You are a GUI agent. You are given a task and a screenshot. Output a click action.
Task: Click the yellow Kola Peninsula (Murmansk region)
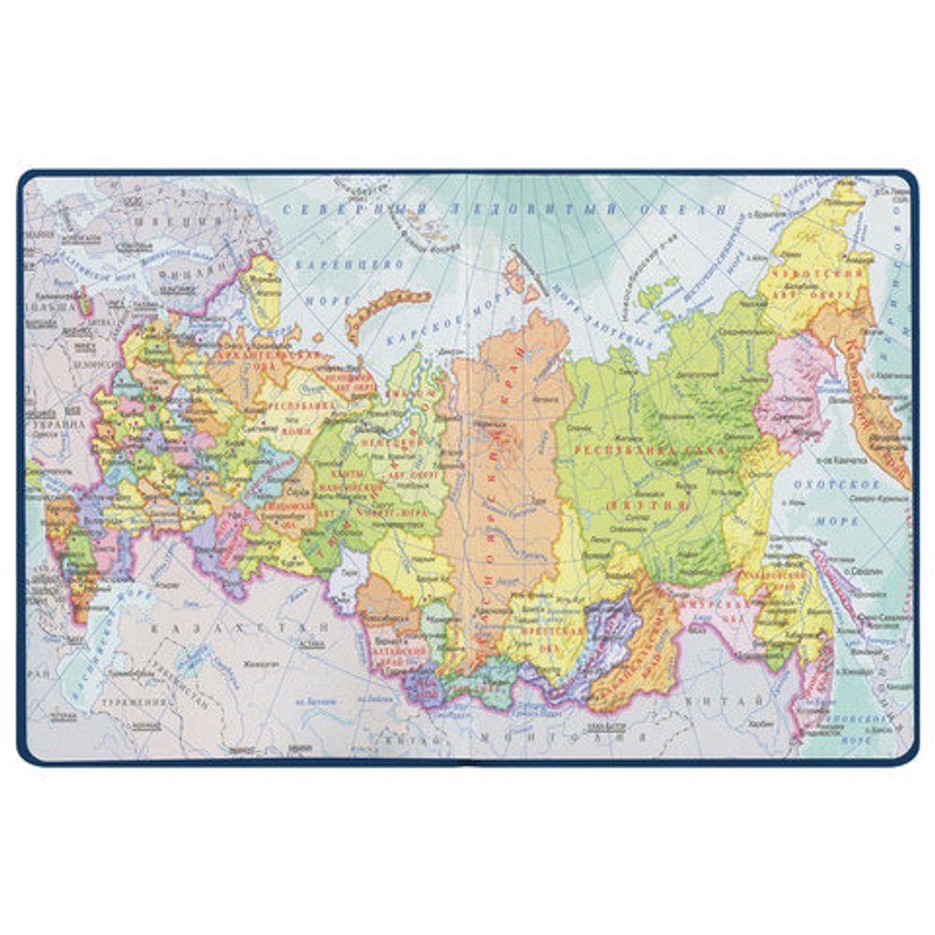262,285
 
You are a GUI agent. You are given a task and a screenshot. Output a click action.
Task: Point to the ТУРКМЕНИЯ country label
125,701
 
